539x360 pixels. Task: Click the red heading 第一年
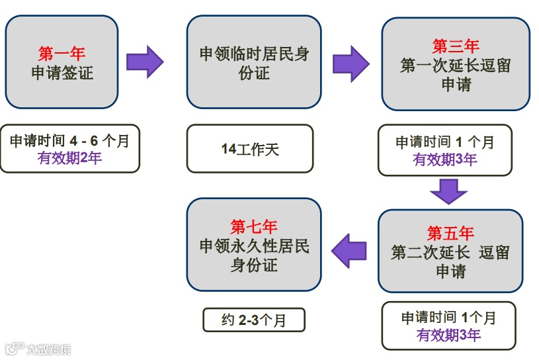[x=62, y=54]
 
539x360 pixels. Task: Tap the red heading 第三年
[x=456, y=46]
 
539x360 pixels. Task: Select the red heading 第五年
[x=450, y=233]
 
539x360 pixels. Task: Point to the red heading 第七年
[x=254, y=226]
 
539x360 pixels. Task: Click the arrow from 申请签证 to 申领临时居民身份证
[x=144, y=62]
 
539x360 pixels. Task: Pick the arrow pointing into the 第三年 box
[x=351, y=64]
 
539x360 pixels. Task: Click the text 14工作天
[x=250, y=150]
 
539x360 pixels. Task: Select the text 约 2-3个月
[x=254, y=320]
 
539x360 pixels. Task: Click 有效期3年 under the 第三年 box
[x=444, y=159]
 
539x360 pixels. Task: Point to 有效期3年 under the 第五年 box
[x=448, y=335]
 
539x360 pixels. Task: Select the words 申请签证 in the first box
[x=62, y=73]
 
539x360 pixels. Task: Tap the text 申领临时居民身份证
[x=254, y=63]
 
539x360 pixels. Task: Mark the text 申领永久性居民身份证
[x=254, y=256]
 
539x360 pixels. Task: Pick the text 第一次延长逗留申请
[x=456, y=75]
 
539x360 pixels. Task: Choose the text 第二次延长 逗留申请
[x=450, y=261]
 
